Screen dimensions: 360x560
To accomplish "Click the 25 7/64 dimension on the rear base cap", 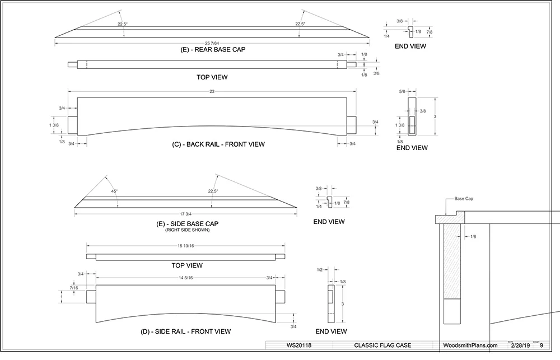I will [x=212, y=43].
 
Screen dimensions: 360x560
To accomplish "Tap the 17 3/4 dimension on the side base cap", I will [x=186, y=213].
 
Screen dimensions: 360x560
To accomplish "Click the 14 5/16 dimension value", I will [x=186, y=278].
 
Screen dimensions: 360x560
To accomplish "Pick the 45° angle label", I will [x=114, y=191].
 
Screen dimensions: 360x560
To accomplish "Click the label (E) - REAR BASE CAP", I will [x=213, y=49].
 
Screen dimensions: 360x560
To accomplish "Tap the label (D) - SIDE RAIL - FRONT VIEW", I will [x=186, y=331].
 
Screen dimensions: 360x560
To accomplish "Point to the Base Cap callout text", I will [x=463, y=199].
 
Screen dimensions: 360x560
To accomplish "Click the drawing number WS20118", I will [x=300, y=345].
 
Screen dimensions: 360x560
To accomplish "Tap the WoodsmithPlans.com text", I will [x=469, y=345].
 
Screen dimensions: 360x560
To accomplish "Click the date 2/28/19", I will [x=516, y=345].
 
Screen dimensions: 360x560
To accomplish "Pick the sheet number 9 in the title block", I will [x=542, y=345].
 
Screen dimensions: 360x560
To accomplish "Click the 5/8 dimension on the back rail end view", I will [x=402, y=91].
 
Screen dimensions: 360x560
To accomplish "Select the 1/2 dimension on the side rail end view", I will [x=319, y=270].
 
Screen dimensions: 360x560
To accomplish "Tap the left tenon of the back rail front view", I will [x=72, y=124].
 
